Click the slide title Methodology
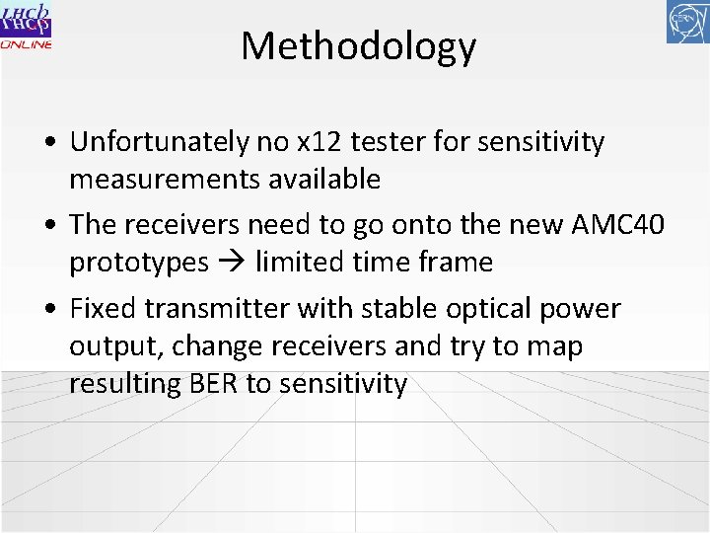point(358,46)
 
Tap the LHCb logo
point(26,20)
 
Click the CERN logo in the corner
point(687,22)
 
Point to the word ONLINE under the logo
point(27,45)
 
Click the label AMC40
point(618,225)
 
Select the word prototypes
point(139,263)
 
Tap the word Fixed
point(104,309)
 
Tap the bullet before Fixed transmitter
point(49,310)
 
